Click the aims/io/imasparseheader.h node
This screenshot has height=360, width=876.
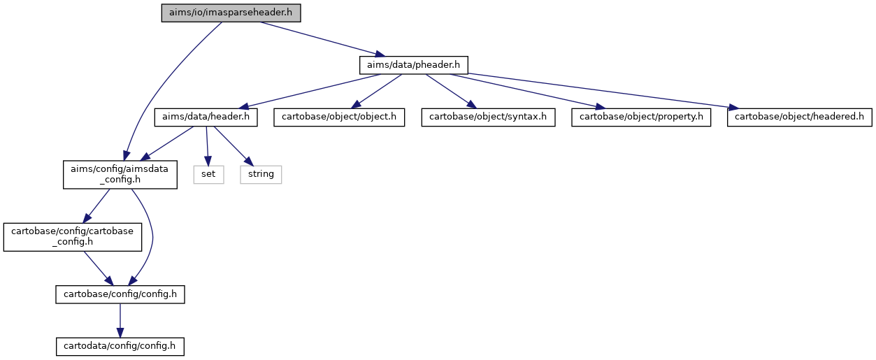pyautogui.click(x=231, y=13)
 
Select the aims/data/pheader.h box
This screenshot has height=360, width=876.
pyautogui.click(x=414, y=65)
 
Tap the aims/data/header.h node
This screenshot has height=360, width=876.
pyautogui.click(x=206, y=117)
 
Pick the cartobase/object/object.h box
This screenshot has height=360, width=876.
pyautogui.click(x=339, y=117)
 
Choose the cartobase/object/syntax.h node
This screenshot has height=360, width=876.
pyautogui.click(x=488, y=117)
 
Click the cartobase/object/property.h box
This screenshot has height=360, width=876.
pyautogui.click(x=641, y=117)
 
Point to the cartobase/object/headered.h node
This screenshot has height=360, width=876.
pyautogui.click(x=799, y=117)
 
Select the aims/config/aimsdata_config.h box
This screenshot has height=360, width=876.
pyautogui.click(x=120, y=175)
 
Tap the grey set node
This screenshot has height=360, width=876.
pyautogui.click(x=208, y=175)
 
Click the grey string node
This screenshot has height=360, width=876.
pyautogui.click(x=261, y=175)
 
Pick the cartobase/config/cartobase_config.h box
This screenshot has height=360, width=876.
pyautogui.click(x=72, y=237)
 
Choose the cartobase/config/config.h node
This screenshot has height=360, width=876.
pyautogui.click(x=120, y=294)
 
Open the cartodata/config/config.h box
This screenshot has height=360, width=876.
pyautogui.click(x=120, y=347)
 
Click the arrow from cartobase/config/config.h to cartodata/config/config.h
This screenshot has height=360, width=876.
pyautogui.click(x=120, y=321)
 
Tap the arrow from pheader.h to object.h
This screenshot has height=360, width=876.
pyautogui.click(x=376, y=92)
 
